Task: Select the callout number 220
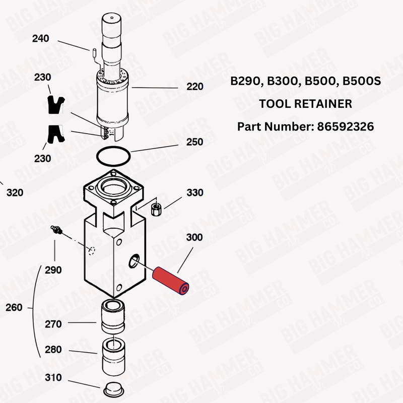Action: point(194,87)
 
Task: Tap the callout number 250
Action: point(194,142)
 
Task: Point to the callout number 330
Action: point(194,193)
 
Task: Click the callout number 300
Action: point(194,237)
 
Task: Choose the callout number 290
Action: point(53,270)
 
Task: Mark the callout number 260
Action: point(14,307)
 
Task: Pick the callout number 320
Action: point(15,192)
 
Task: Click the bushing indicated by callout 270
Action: point(113,316)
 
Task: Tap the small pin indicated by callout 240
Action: point(94,51)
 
